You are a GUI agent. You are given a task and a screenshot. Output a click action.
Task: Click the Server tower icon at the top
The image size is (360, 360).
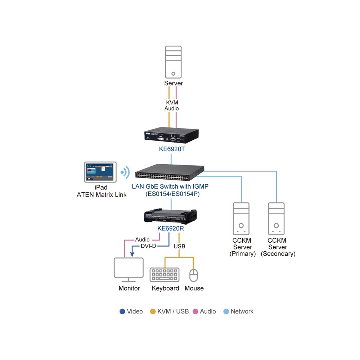[x=174, y=62]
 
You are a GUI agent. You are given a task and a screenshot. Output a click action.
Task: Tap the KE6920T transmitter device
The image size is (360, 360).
[x=171, y=135]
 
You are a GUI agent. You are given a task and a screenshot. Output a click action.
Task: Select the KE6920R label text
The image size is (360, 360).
[x=171, y=229]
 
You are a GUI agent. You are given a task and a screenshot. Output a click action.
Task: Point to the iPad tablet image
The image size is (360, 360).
[x=100, y=172]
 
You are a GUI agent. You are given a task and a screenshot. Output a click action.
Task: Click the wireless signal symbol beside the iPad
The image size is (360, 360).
[x=125, y=172]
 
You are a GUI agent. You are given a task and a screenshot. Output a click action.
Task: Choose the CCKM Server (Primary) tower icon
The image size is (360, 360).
[x=241, y=219]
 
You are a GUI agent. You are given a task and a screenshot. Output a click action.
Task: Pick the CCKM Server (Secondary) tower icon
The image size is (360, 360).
[x=276, y=219]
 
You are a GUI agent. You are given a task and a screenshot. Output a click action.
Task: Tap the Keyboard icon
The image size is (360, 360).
[x=165, y=275]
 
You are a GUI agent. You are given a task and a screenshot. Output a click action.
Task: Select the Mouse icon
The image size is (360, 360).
[x=194, y=275]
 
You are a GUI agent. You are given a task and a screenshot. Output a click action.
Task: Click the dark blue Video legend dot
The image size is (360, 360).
[x=122, y=311]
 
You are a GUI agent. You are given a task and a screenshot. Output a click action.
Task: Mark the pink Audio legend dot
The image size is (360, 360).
[x=195, y=311]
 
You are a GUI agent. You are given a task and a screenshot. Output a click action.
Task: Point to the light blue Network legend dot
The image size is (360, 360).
[x=226, y=311]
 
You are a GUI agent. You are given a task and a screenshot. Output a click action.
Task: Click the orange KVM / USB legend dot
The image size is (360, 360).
[x=153, y=311]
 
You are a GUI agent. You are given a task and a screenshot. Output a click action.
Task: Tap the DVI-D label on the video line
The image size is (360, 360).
[x=148, y=246]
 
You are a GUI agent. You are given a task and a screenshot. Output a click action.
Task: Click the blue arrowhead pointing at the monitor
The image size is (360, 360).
[x=132, y=254]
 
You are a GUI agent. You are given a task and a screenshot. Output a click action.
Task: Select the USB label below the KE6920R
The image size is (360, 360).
[x=180, y=246]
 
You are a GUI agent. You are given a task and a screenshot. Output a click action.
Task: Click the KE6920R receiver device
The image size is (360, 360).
[x=170, y=216]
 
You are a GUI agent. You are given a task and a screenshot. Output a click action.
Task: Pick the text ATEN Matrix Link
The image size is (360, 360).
[x=102, y=195]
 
